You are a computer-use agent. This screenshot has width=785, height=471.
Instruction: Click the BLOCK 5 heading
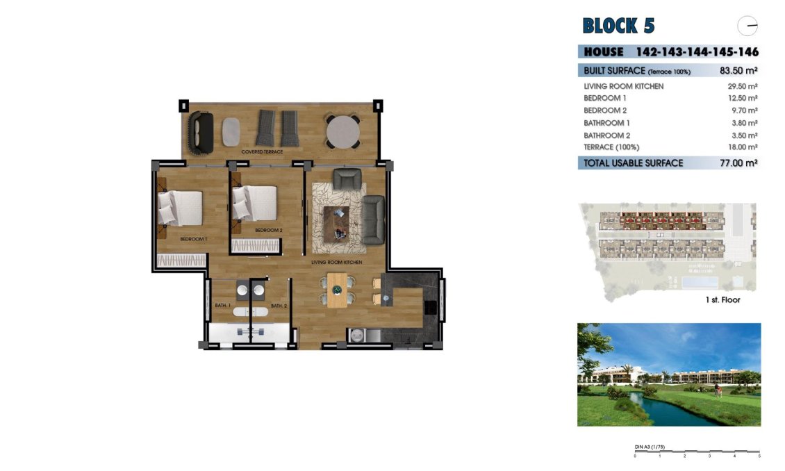[618, 26]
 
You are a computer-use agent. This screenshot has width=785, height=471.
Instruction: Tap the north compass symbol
[747, 26]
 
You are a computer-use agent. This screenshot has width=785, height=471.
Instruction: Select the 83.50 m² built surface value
[738, 71]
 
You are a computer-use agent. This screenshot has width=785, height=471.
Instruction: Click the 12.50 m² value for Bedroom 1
[741, 99]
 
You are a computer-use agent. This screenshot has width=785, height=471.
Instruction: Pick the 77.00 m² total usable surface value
[736, 163]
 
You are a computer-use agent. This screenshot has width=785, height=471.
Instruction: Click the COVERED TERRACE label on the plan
[262, 151]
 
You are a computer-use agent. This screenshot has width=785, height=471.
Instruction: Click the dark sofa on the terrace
[202, 132]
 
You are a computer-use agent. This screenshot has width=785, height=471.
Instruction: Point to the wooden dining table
[338, 290]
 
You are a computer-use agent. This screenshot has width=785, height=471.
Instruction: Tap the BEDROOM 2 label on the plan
[269, 230]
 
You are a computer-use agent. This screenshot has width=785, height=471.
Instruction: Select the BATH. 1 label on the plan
[222, 306]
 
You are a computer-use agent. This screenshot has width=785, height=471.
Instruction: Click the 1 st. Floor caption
[722, 300]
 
